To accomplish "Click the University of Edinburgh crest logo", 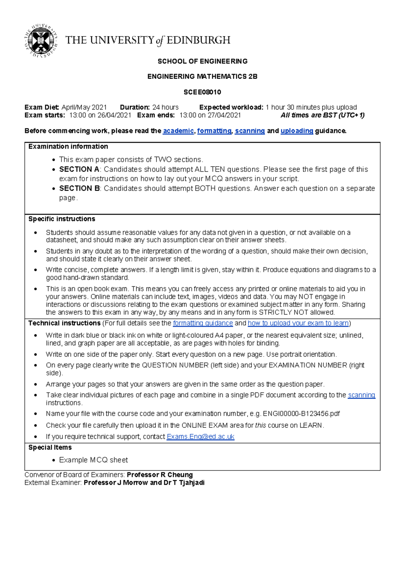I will pyautogui.click(x=41, y=40).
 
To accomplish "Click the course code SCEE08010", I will pyautogui.click(x=202, y=92).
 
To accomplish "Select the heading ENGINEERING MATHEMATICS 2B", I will pyautogui.click(x=202, y=77).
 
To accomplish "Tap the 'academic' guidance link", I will pyautogui.click(x=178, y=131).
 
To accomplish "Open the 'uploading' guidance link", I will pyautogui.click(x=297, y=131).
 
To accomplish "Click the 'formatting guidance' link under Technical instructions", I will pyautogui.click(x=203, y=323).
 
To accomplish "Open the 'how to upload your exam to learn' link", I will pyautogui.click(x=298, y=323).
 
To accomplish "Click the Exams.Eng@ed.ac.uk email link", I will pyautogui.click(x=200, y=436).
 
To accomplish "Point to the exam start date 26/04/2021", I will pyautogui.click(x=114, y=115).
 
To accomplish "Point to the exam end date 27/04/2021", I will pyautogui.click(x=224, y=115).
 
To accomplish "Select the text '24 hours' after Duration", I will pyautogui.click(x=165, y=107).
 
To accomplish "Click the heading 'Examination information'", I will pyautogui.click(x=68, y=146).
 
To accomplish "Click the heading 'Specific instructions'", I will pyautogui.click(x=62, y=219).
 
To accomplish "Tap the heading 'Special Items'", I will pyautogui.click(x=50, y=448).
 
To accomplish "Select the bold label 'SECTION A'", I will pyautogui.click(x=79, y=169).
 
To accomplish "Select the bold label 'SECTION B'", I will pyautogui.click(x=79, y=188).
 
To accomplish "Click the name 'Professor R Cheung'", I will pyautogui.click(x=160, y=475).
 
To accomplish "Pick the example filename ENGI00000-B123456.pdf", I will pyautogui.click(x=301, y=413).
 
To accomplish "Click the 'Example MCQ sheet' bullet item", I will pyautogui.click(x=93, y=460).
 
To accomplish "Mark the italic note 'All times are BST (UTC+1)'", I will pyautogui.click(x=322, y=115).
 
